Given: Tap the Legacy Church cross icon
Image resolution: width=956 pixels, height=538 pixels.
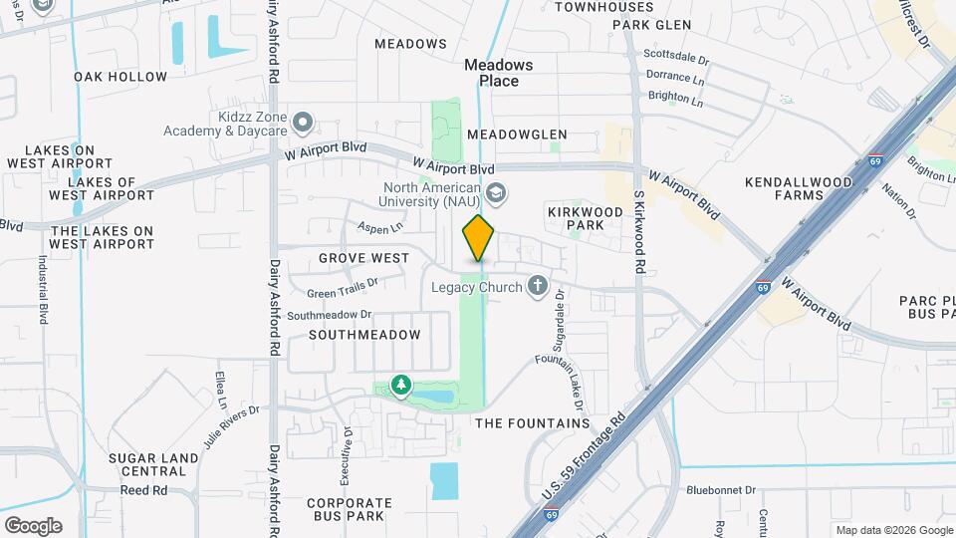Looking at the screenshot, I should point(538,287).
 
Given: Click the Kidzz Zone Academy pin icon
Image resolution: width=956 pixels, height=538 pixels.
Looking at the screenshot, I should point(303,124).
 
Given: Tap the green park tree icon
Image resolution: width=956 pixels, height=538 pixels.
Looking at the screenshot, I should point(400,385).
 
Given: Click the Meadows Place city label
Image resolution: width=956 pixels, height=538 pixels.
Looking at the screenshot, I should point(499,73).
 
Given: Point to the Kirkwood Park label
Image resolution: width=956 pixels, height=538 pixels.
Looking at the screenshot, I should point(576,218).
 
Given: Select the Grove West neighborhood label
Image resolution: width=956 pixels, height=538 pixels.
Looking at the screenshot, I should point(363,258).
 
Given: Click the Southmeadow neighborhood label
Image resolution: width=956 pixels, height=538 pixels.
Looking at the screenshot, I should point(364,335).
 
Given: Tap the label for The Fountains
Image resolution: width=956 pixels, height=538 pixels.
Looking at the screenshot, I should point(533,423).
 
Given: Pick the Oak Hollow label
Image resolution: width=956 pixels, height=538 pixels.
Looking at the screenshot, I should point(120,77).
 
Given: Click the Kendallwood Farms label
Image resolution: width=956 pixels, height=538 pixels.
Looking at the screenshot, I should point(799,188).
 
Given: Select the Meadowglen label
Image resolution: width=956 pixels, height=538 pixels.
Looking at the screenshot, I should point(517,134).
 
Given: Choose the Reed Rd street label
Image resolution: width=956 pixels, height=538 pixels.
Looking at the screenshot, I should point(143,491).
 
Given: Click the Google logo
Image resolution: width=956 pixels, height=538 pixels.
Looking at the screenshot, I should point(33,525).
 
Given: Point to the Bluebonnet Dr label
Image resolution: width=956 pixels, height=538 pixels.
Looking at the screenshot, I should point(722,491).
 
